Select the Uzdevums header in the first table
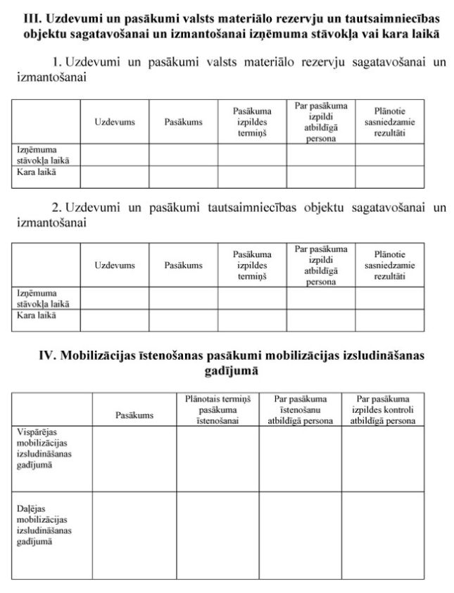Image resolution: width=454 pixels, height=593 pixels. [115, 122]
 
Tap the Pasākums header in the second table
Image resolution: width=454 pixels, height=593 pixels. [183, 266]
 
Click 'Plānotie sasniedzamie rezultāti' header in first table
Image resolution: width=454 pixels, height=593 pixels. [389, 122]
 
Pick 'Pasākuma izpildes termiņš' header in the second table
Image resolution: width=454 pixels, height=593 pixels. [252, 266]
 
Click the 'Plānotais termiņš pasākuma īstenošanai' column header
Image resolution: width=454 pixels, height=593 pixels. [217, 409]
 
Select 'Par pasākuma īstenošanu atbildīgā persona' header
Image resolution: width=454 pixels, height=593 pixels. [300, 409]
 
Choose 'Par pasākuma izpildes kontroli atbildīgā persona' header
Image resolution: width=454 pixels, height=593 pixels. [382, 409]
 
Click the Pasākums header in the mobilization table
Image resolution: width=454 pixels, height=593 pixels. [134, 416]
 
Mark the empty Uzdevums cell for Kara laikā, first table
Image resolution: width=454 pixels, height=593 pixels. [115, 177]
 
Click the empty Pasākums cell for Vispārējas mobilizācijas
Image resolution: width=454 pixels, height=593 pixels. [134, 458]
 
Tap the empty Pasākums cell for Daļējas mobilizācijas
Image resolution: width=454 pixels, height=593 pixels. [134, 535]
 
